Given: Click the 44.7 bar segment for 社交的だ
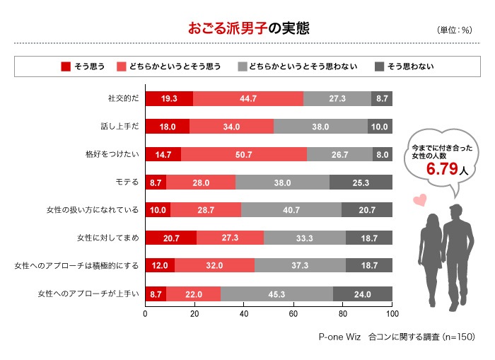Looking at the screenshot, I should [x=248, y=99].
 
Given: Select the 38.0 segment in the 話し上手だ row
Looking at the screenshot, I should [x=320, y=127].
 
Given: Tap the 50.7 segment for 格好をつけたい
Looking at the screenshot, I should [x=244, y=154].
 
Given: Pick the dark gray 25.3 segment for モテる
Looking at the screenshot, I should [x=361, y=182].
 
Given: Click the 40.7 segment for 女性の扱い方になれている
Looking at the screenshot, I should [x=291, y=210].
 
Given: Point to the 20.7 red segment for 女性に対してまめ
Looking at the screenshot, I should [x=171, y=238].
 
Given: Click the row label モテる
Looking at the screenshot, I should [x=127, y=182].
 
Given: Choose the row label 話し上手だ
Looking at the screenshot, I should [x=120, y=127].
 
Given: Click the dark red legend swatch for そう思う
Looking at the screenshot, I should [x=66, y=66].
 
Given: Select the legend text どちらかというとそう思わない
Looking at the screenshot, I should [x=306, y=66].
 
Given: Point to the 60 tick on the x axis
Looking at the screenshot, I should [x=293, y=313].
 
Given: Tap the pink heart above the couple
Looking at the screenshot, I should [x=419, y=199].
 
